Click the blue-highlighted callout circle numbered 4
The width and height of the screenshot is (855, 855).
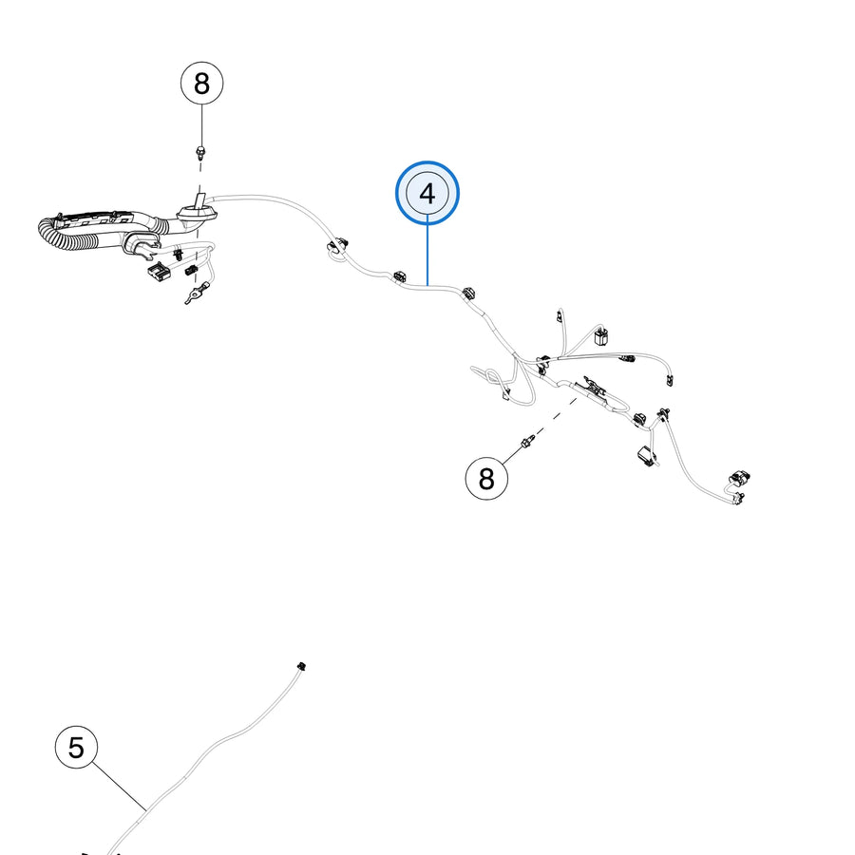[427, 193]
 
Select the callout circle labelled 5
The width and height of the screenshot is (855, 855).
[76, 747]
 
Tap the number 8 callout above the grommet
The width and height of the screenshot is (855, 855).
[201, 83]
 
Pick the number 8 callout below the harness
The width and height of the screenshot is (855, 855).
[486, 478]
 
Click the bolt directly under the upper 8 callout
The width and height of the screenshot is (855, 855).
[201, 152]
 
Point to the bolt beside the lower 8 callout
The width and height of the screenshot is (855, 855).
[526, 442]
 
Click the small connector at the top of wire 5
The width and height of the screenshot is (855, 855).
[300, 666]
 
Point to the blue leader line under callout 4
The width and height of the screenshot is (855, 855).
[428, 255]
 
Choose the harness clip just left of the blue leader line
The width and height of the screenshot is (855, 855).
[400, 276]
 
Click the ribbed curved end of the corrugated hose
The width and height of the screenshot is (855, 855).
[54, 235]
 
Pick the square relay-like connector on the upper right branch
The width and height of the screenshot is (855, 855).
[601, 336]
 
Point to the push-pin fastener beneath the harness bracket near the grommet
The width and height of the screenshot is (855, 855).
[178, 255]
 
